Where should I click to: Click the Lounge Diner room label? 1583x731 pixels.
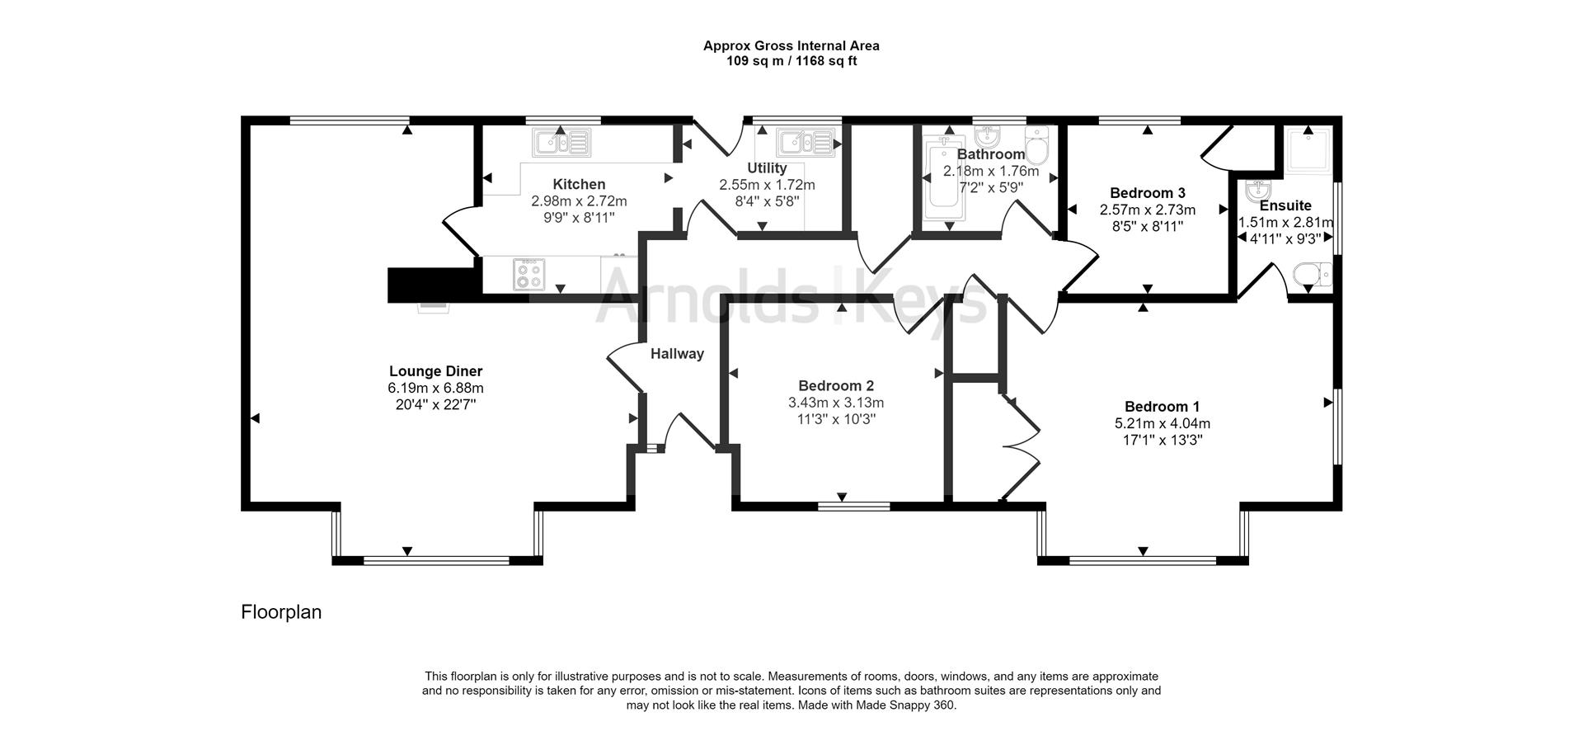[435, 371]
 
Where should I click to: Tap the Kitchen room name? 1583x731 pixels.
[579, 185]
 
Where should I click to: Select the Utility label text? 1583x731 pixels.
[767, 168]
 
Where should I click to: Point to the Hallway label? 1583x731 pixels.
[677, 354]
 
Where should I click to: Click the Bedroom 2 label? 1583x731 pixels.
[836, 385]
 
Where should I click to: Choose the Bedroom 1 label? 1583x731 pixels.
[1162, 407]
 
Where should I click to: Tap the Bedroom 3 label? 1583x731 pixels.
[1147, 193]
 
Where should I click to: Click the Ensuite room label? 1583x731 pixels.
[1285, 205]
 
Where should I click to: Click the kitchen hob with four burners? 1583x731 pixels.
[528, 275]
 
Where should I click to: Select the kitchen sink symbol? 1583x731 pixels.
[561, 143]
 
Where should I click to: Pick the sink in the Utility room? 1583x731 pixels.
[809, 143]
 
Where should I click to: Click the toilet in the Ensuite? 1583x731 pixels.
[1313, 275]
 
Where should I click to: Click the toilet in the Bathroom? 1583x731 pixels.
[1037, 146]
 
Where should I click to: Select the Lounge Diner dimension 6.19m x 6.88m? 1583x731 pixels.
[435, 388]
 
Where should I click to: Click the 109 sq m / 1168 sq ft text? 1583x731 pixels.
[791, 61]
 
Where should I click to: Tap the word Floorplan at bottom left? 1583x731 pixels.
[281, 612]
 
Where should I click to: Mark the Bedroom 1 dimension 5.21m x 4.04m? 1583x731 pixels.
[1163, 423]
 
